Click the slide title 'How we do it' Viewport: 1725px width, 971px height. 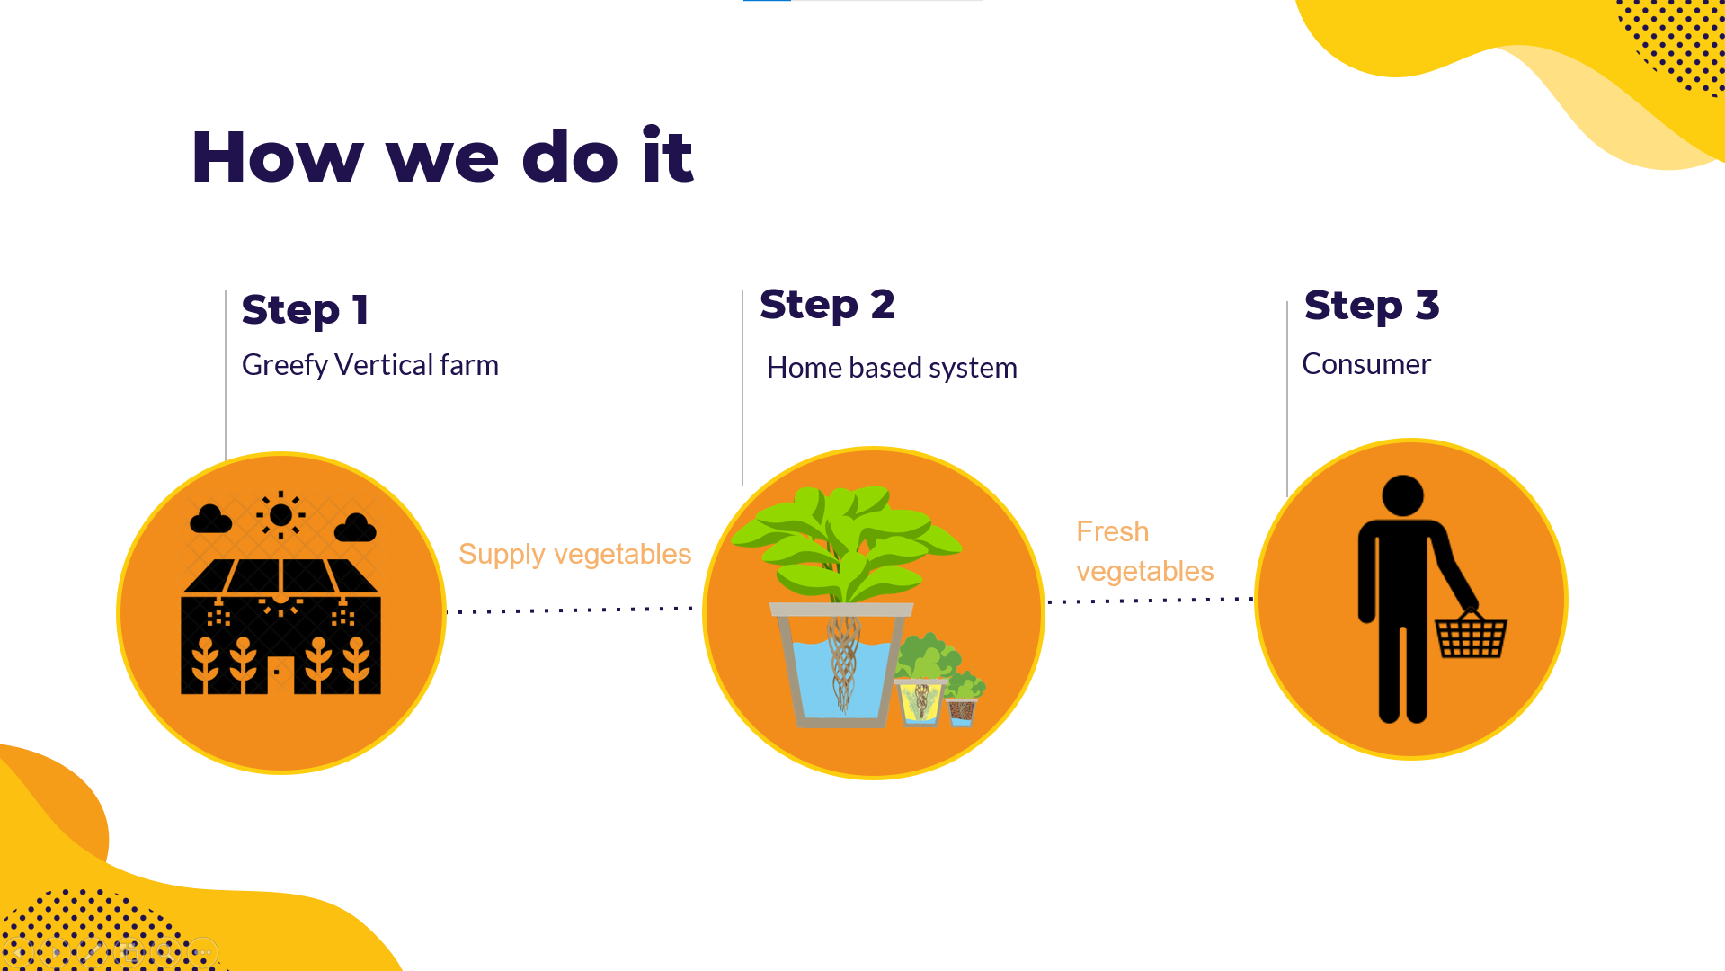tap(442, 156)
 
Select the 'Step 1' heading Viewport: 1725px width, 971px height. tap(305, 310)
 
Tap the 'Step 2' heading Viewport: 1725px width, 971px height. tap(827, 305)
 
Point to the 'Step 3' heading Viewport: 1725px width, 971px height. tap(1372, 306)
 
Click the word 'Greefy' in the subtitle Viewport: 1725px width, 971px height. tap(285, 365)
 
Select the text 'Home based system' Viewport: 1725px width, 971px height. tap(892, 368)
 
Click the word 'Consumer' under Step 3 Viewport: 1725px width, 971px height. tap(1366, 364)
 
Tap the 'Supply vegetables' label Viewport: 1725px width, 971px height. tap(574, 555)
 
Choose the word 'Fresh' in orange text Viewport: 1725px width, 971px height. tap(1113, 531)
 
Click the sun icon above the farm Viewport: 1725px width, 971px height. tap(280, 515)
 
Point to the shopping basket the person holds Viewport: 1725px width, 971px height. tap(1471, 635)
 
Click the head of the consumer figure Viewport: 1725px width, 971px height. tap(1402, 495)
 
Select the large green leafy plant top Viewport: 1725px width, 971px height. tap(845, 542)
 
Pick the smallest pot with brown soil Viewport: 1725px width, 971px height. tap(962, 711)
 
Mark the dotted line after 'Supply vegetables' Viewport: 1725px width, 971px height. tap(571, 610)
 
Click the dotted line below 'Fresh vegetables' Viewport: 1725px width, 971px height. tap(1151, 600)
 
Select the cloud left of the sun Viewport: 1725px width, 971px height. tap(210, 519)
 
